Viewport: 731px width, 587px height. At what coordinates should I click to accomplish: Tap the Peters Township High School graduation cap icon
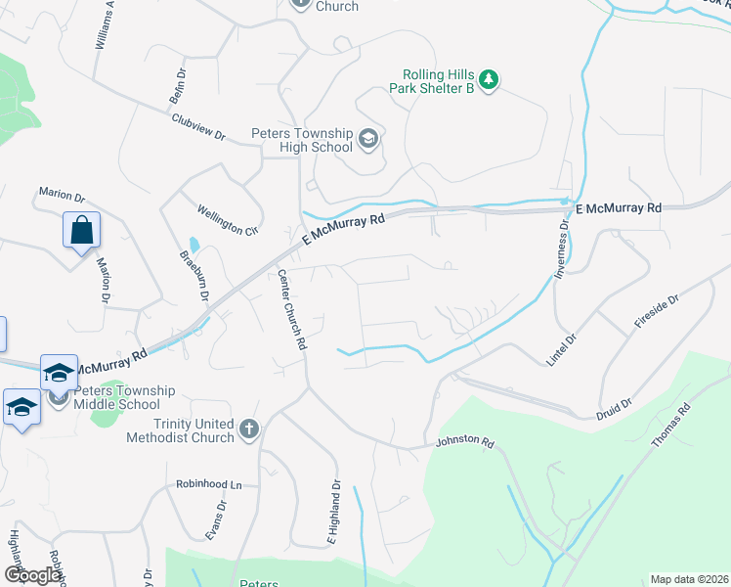click(x=367, y=139)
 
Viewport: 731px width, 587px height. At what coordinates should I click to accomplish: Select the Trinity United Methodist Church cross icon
click(x=250, y=429)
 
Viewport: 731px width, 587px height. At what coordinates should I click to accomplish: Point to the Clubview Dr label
click(x=198, y=127)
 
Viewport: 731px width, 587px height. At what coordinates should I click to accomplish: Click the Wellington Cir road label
click(x=227, y=218)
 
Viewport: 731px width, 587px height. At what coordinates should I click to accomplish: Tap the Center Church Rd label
click(x=292, y=310)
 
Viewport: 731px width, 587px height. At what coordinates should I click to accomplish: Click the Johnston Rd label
click(x=464, y=440)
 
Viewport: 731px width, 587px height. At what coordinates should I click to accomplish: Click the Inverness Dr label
click(x=562, y=250)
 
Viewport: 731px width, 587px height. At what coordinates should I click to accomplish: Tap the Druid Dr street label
click(x=614, y=408)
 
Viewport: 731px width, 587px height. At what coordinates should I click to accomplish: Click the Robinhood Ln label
click(x=208, y=484)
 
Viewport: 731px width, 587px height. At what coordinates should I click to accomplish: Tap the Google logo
click(x=32, y=575)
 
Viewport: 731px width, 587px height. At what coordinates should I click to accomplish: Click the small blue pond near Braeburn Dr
click(x=193, y=244)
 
